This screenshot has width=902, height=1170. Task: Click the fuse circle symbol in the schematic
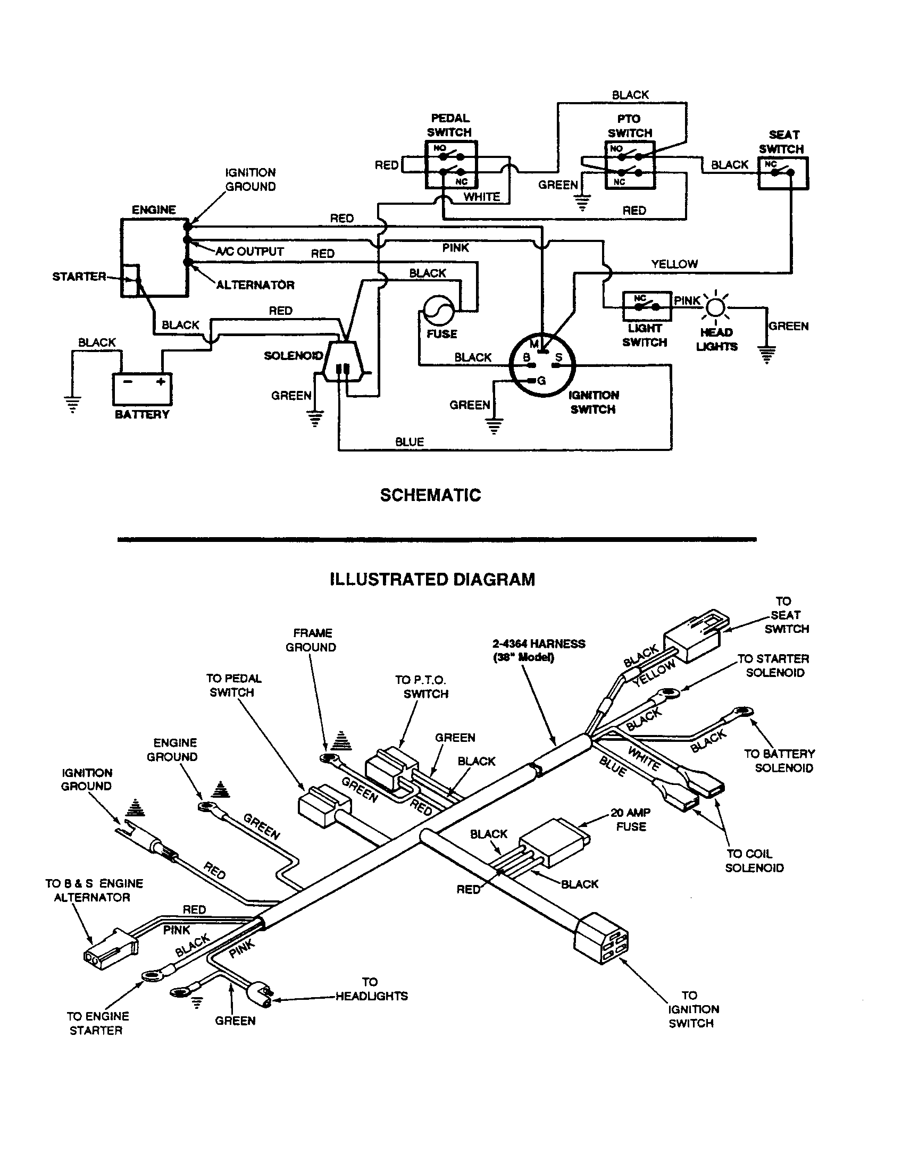pos(439,310)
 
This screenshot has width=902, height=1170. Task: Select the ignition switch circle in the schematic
pos(541,365)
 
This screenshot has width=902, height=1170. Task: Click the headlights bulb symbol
pos(716,307)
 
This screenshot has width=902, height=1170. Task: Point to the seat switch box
pos(783,173)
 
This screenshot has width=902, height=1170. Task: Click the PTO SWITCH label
pos(629,126)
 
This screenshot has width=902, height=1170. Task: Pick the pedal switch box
pos(451,165)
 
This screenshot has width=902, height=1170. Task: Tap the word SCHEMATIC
pos(430,495)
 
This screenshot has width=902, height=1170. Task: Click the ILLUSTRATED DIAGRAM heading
pos(432,580)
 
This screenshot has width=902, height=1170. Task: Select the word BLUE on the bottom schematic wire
pos(409,442)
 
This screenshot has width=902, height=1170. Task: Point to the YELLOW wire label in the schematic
pos(674,264)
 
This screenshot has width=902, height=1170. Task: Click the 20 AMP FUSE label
pos(630,820)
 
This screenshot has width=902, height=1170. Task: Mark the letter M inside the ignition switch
pos(533,344)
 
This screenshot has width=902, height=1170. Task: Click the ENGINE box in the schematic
pos(154,257)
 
